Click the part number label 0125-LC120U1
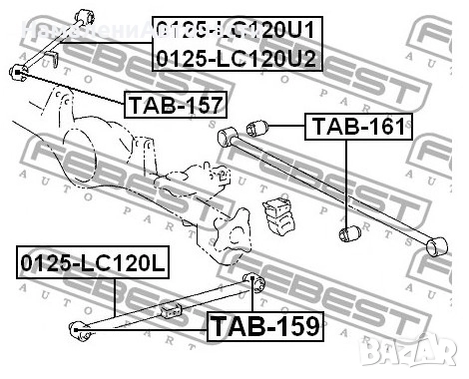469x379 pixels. tap(237, 30)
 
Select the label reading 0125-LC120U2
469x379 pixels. tap(237, 58)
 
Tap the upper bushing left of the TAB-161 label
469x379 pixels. tap(255, 129)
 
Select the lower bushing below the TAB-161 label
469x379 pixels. tap(350, 233)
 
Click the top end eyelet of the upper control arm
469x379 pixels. tap(87, 12)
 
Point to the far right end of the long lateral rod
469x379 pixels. tap(435, 244)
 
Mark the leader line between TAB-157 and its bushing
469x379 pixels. tap(70, 87)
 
